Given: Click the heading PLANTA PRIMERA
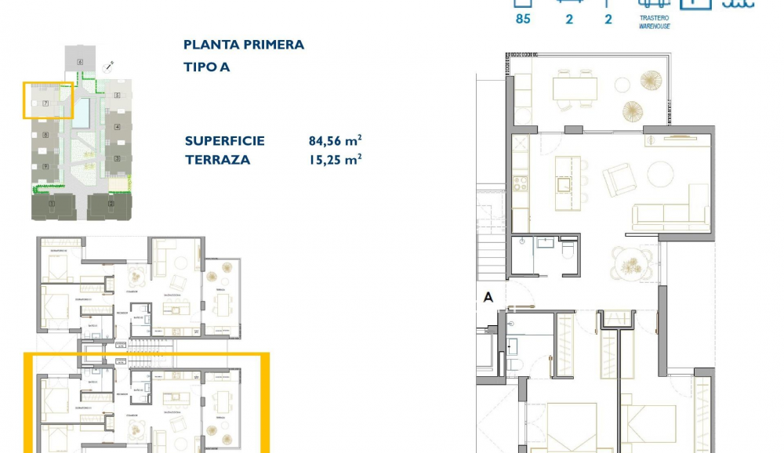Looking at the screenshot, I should [243, 45].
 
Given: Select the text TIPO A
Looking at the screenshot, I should [206, 67].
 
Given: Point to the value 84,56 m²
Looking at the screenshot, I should [335, 141].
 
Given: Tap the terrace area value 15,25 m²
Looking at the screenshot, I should [335, 159].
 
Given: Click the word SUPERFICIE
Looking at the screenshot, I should [224, 141].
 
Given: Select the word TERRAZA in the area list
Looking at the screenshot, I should [217, 159].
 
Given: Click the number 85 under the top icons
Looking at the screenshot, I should [523, 20].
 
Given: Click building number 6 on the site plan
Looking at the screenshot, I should [80, 60].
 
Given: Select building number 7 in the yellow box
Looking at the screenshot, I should [45, 103].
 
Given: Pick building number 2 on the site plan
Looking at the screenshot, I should [111, 205].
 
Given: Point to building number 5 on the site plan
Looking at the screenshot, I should [117, 96].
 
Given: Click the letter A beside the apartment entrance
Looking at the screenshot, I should [488, 297].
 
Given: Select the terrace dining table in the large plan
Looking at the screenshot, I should [575, 89].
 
